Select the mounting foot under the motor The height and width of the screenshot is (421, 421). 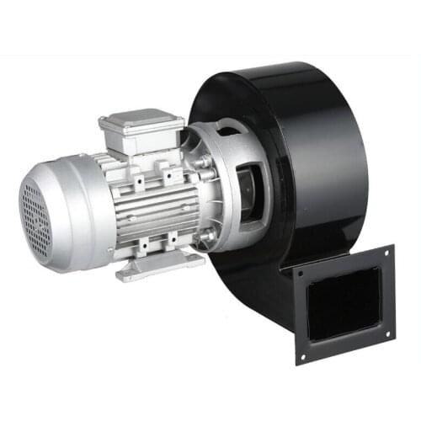[x=160, y=268]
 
